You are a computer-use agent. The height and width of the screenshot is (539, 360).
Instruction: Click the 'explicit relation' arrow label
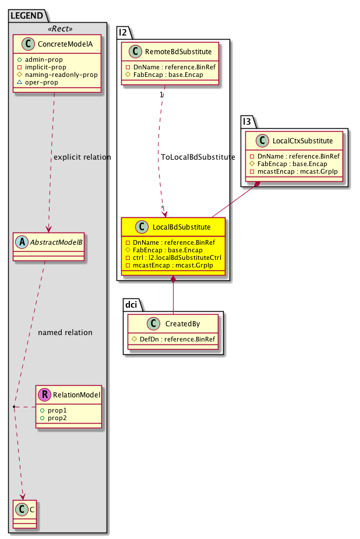(x=82, y=157)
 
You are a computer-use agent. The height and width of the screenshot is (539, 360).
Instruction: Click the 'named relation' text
(x=65, y=333)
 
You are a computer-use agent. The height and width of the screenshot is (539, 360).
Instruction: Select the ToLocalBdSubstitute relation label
(x=197, y=157)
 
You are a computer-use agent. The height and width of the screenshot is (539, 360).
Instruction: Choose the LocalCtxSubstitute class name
(x=302, y=140)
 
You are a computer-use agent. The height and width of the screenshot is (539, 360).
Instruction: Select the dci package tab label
(x=133, y=305)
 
